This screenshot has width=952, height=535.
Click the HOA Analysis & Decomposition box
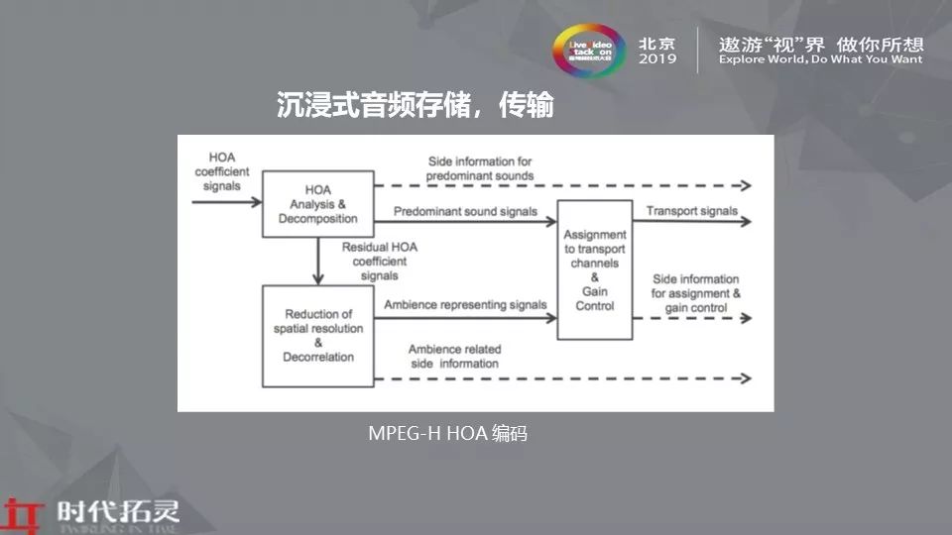[317, 204]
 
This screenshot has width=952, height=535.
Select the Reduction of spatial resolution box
[317, 335]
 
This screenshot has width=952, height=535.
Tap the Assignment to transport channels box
[594, 269]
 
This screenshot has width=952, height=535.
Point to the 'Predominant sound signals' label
[465, 211]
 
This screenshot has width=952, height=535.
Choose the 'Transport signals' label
[691, 211]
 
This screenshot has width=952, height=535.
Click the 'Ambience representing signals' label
[465, 304]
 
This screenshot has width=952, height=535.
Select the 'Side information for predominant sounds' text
[481, 168]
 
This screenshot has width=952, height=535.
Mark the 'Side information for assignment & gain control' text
[695, 293]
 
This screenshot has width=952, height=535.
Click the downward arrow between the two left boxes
[317, 262]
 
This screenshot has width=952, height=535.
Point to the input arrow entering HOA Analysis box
[226, 202]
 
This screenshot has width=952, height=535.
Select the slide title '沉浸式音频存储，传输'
[415, 106]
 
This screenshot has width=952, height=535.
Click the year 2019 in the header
[657, 59]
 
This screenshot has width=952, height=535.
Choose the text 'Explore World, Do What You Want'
[820, 59]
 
